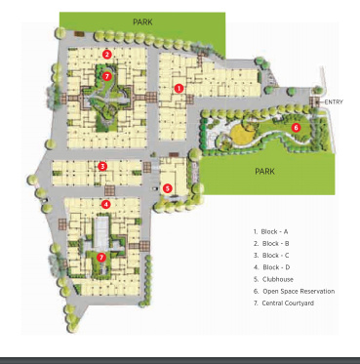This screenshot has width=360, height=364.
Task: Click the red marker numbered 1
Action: coord(179,88)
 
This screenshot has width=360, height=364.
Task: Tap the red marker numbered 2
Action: coord(107,55)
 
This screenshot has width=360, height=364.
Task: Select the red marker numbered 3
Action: coord(102,166)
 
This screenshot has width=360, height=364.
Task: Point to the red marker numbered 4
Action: coord(105,204)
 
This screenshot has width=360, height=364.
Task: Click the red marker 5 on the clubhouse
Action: coord(168,188)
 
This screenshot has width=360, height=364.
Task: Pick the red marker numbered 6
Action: coord(296,127)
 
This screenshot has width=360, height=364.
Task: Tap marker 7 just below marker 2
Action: coord(107,75)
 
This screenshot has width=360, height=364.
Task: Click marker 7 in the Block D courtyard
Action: coord(101,257)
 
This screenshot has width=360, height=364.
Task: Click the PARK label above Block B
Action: coord(142,20)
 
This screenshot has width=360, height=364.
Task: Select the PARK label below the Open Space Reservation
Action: coord(264,171)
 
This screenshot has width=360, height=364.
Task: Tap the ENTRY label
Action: coord(334,101)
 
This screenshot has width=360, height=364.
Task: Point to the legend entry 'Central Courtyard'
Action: coord(286,303)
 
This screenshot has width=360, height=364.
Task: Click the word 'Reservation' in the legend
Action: coord(315,291)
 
